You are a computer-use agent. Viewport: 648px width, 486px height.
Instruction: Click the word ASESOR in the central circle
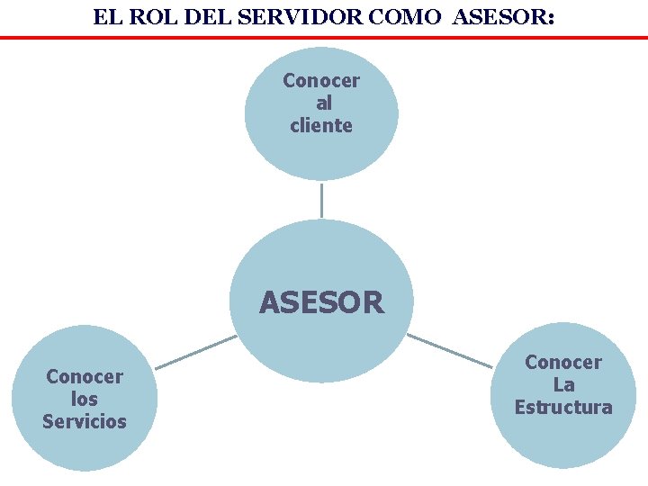321,302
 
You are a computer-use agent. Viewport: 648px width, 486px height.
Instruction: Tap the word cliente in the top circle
321,126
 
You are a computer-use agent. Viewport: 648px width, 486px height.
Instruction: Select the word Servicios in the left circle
85,421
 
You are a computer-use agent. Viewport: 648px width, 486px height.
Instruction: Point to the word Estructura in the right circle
563,408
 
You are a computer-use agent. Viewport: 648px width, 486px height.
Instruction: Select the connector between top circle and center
321,199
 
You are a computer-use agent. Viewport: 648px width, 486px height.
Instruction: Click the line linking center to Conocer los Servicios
195,352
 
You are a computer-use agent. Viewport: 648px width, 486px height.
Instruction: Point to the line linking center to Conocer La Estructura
449,350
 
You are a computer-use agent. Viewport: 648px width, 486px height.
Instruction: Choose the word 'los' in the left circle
85,399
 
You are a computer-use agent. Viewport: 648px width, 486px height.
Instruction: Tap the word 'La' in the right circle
564,385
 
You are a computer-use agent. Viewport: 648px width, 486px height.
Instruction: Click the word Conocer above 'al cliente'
321,81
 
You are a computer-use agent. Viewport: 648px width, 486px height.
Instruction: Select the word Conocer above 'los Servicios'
85,376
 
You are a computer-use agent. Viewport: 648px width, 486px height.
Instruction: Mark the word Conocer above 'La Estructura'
563,363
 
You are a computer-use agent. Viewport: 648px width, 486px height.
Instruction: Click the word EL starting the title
105,17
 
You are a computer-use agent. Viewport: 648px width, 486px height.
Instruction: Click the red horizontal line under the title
324,38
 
